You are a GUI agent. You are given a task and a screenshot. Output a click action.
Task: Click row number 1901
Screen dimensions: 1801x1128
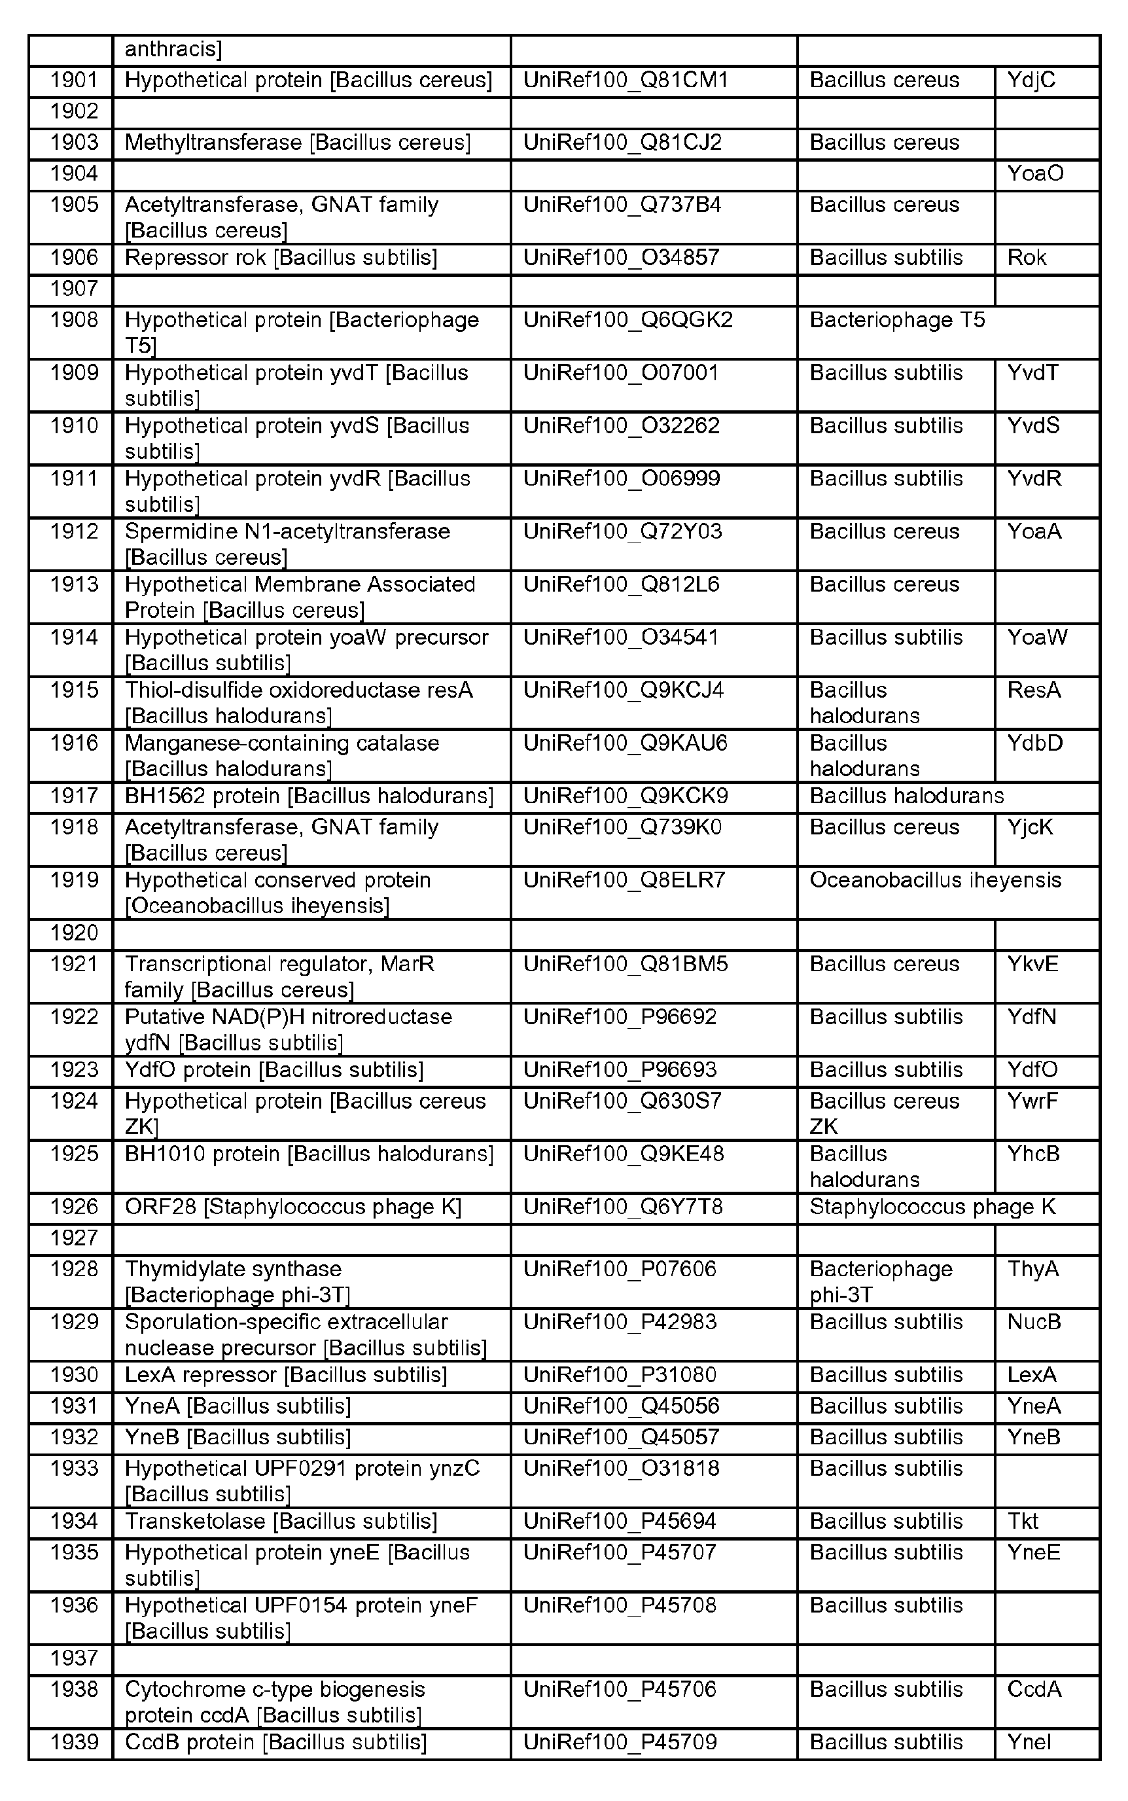74,80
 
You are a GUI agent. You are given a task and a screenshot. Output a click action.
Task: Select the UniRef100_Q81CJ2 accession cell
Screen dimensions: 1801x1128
622,143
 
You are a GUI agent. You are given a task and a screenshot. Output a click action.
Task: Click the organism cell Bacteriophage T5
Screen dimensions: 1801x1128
897,320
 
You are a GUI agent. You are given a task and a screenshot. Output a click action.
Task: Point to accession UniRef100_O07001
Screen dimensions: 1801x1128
621,373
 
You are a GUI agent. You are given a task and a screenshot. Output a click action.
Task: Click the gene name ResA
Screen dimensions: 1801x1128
1033,690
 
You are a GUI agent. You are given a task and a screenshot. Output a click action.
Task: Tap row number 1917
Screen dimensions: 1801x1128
74,796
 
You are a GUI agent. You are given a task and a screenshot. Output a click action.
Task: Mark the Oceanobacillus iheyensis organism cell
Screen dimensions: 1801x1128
935,880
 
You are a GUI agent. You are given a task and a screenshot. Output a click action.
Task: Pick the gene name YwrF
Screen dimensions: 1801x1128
1032,1101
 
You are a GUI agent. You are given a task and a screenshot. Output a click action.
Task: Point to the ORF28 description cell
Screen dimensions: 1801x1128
293,1207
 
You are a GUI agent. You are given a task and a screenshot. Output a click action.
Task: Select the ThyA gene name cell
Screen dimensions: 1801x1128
1032,1269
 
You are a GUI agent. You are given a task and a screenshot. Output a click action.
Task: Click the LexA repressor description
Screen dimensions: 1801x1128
286,1375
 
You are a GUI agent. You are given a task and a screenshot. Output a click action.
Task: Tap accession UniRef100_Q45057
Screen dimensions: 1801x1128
621,1437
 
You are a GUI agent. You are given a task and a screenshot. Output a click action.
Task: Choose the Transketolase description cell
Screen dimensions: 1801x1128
281,1521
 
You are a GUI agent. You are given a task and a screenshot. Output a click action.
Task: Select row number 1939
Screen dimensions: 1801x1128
74,1742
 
